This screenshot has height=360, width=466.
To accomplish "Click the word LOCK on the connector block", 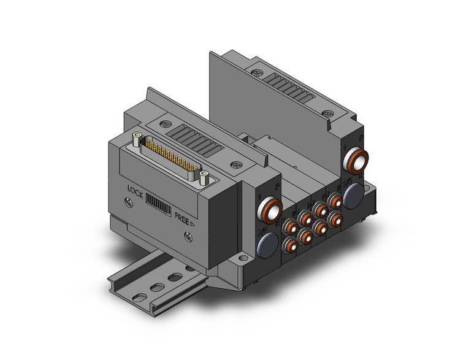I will click(x=139, y=190).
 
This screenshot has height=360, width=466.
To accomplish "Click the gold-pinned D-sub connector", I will click(x=170, y=160).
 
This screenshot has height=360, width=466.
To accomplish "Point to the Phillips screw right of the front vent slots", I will click(x=237, y=165).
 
